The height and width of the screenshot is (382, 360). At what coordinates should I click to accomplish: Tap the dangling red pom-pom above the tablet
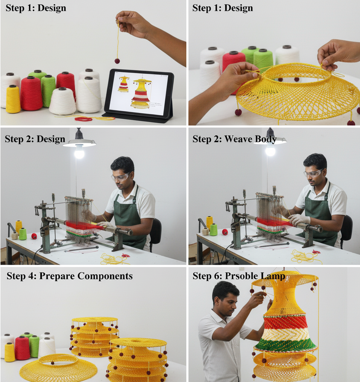(x=117, y=60)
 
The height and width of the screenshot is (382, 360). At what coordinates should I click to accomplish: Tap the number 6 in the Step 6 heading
(x=217, y=276)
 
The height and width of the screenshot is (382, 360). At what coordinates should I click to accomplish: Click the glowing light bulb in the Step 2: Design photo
(x=79, y=152)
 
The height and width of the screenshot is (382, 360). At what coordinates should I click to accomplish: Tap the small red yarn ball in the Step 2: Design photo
(x=34, y=236)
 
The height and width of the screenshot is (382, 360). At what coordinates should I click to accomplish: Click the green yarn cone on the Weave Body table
(x=213, y=229)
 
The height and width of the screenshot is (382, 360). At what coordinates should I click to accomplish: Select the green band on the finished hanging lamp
(x=285, y=344)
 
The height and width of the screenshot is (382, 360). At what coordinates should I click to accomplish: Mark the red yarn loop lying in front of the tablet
(x=84, y=119)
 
